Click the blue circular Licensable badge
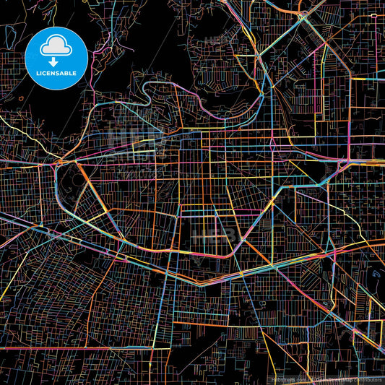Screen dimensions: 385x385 56,58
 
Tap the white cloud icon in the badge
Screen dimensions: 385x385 56,48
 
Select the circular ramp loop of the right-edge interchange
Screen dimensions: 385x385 343,165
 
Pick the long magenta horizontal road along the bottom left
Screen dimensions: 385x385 65,347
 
